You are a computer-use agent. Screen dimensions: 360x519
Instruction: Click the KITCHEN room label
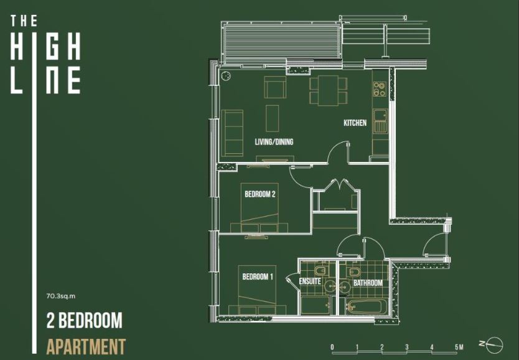pos(355,123)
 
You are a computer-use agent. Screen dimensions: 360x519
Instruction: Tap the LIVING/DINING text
pos(274,142)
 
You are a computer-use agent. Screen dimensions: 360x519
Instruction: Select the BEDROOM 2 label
pos(259,194)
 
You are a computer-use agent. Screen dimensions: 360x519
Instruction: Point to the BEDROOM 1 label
pos(257,277)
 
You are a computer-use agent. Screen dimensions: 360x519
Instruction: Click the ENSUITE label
pos(310,282)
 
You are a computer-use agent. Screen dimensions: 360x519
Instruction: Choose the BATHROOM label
pos(368,283)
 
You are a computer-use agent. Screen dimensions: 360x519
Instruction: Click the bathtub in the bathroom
pos(368,306)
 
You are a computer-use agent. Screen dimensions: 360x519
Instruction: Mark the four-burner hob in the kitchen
pos(378,88)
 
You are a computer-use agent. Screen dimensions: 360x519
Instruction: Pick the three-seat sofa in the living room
pos(233,132)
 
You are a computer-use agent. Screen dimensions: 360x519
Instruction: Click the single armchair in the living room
pos(274,87)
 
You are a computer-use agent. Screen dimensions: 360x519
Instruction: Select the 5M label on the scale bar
pos(459,347)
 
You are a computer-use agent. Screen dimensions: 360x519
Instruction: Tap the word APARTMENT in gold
pos(86,346)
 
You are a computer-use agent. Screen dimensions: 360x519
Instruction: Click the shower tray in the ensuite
pos(316,305)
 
